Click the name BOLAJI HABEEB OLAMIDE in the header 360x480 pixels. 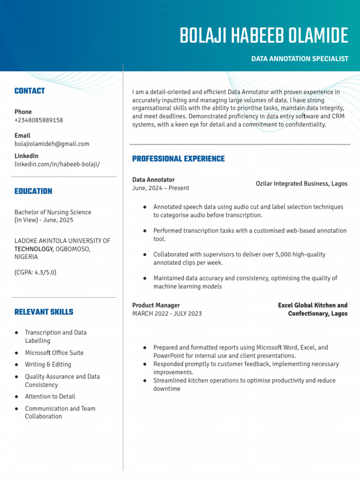[x=264, y=36]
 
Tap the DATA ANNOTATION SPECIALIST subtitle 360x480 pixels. [x=300, y=59]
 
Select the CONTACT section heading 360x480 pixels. [x=30, y=91]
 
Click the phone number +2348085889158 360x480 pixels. [x=38, y=120]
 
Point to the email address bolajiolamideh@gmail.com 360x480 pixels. [x=52, y=144]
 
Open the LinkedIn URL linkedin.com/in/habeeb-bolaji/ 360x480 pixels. [x=57, y=164]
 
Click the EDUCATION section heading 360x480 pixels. [x=33, y=191]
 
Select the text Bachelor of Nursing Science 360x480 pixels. [x=52, y=212]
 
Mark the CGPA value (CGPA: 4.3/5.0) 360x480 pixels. [x=35, y=272]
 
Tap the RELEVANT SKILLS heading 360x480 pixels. [x=44, y=312]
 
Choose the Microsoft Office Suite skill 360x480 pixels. [x=54, y=353]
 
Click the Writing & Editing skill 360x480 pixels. [x=48, y=365]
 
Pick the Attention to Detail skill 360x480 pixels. [x=50, y=397]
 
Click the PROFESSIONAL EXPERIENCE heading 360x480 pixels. [x=178, y=159]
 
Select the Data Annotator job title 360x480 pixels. [x=153, y=180]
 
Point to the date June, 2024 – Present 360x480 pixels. [x=160, y=188]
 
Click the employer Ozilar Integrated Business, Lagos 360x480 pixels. [x=301, y=184]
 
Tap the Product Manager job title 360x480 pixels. [x=156, y=306]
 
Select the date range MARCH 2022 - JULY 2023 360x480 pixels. [x=167, y=314]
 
